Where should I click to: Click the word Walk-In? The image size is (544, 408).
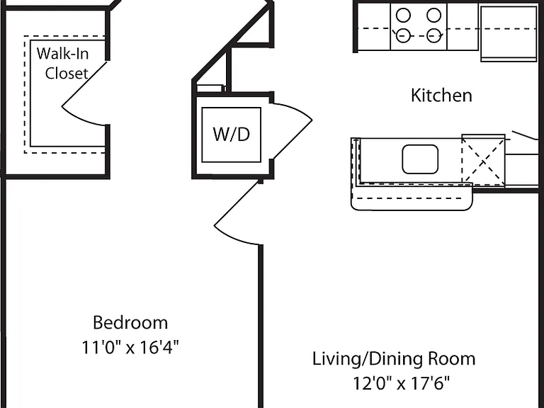(x=62, y=54)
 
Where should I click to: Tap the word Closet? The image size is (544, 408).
(x=67, y=73)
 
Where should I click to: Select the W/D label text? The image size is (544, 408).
(x=232, y=135)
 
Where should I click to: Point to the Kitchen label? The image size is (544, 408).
(x=441, y=96)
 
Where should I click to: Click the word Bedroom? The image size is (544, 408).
(x=130, y=323)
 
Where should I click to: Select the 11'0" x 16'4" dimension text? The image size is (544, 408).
(x=130, y=347)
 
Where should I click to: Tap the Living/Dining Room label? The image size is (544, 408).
(x=394, y=358)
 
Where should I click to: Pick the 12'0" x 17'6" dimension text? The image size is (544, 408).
(x=401, y=383)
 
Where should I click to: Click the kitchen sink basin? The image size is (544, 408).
(x=420, y=159)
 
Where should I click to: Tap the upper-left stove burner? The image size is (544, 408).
(x=403, y=16)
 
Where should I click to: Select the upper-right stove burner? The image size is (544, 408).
(x=433, y=16)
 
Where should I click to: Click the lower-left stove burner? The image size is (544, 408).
(x=403, y=35)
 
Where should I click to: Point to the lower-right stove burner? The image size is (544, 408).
(x=433, y=35)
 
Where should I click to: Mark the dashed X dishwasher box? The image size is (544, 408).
(x=483, y=160)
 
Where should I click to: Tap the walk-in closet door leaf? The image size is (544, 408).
(x=84, y=84)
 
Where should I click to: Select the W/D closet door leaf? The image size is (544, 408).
(x=291, y=140)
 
